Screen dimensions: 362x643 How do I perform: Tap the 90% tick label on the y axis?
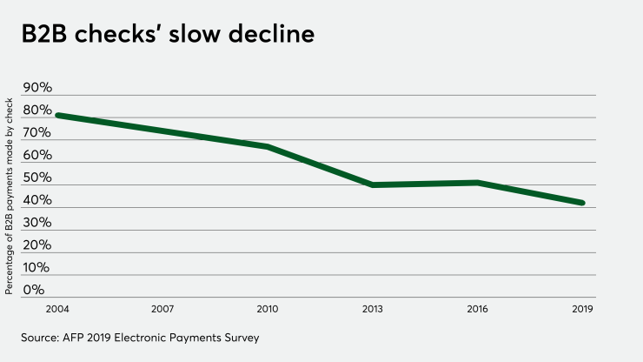[37, 88]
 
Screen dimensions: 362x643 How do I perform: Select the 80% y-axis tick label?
[37, 111]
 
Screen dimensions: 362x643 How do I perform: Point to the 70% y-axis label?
[37, 133]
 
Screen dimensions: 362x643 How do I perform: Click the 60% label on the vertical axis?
[37, 156]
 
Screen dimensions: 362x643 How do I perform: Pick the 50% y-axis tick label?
[37, 178]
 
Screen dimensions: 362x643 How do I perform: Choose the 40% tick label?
[37, 201]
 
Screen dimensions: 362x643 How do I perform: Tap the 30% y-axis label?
[37, 224]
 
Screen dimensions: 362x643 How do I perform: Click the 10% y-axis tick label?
[37, 268]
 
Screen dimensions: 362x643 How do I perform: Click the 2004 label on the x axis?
[58, 308]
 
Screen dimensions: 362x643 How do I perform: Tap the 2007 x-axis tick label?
[163, 308]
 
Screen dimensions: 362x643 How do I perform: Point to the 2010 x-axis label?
[268, 308]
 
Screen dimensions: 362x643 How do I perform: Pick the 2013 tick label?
[373, 308]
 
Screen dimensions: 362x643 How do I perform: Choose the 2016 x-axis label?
[478, 308]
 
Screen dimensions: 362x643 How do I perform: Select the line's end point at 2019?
[582, 203]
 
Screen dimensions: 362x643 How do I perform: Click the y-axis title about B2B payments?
[10, 197]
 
